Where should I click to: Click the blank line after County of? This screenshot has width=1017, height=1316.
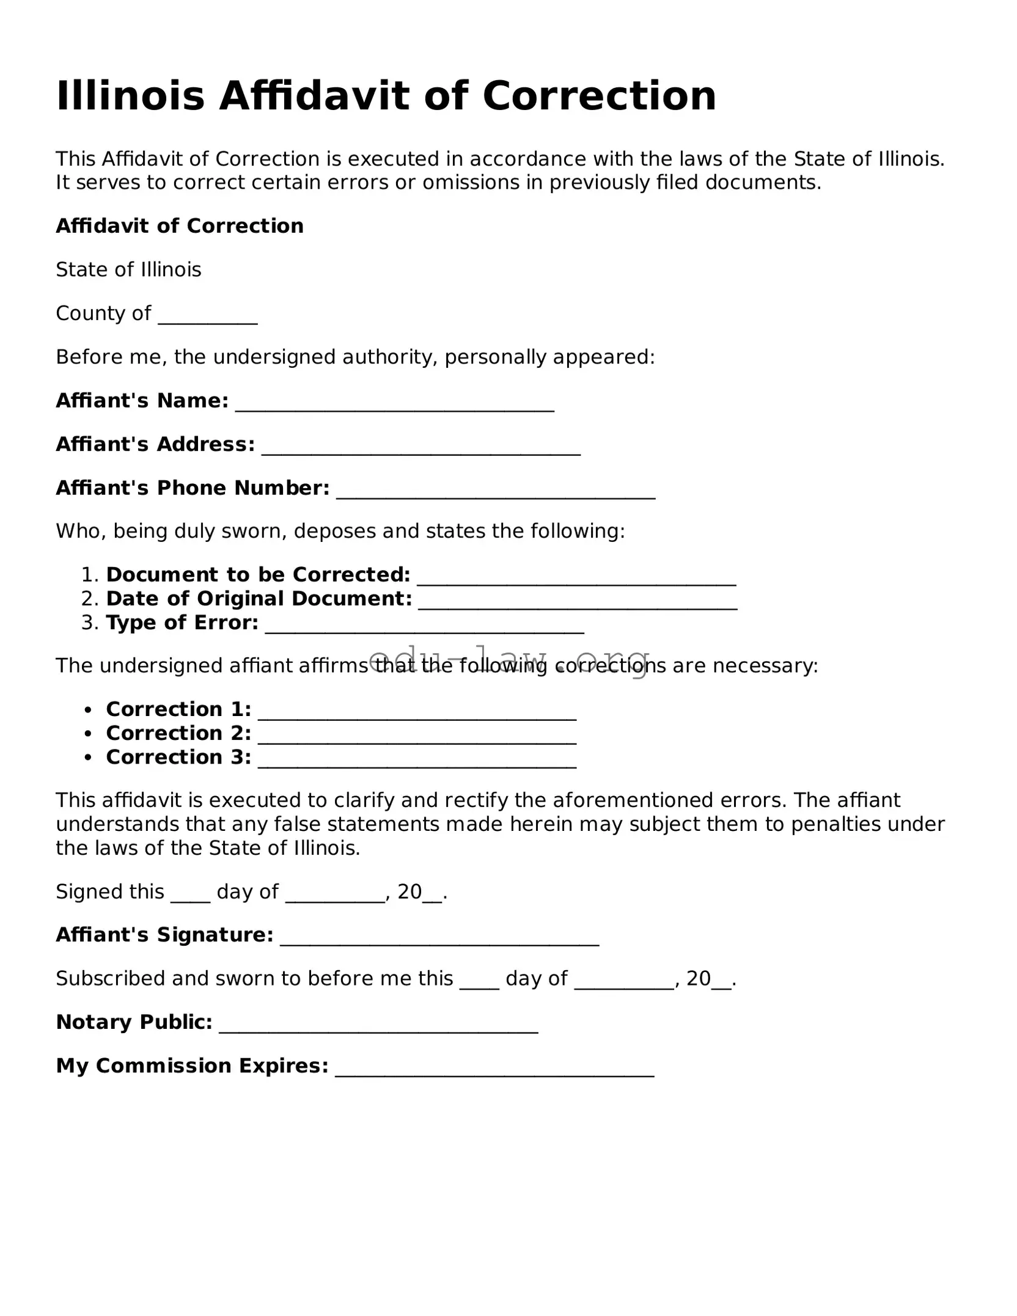208,316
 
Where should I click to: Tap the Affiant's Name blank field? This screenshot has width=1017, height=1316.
395,403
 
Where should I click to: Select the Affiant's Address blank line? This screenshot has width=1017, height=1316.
421,447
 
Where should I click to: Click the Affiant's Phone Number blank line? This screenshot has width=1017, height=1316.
496,491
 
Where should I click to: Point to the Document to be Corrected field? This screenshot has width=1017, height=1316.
576,577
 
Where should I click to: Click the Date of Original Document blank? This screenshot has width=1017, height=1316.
578,601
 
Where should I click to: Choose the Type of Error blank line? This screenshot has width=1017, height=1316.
425,626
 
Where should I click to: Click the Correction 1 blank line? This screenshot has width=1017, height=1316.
417,712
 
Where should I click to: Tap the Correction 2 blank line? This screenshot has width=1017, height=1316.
417,736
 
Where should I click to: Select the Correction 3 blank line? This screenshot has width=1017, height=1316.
417,760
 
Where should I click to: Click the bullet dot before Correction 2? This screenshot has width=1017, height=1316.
89,734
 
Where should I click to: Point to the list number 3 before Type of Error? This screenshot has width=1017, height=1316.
89,623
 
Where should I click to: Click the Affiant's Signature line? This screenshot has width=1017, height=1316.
439,938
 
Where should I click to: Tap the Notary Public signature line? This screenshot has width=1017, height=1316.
378,1025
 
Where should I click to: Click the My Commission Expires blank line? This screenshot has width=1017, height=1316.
495,1069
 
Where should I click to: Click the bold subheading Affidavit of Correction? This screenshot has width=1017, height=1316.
180,226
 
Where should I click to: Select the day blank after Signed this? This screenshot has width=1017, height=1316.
190,895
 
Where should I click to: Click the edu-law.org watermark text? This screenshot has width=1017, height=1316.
509,660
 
